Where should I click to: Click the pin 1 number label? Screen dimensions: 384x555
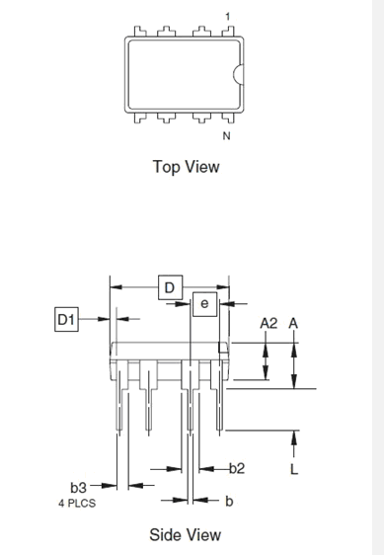click(228, 16)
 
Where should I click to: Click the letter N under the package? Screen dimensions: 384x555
click(226, 136)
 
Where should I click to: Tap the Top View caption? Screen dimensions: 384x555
click(187, 167)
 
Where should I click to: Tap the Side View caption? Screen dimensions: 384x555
click(186, 534)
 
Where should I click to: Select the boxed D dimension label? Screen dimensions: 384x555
click(170, 287)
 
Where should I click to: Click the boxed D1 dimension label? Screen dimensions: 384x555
click(66, 320)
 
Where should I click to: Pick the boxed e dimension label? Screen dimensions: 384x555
click(205, 304)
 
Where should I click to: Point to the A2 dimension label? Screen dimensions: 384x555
click(269, 323)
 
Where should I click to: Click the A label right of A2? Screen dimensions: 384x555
click(293, 323)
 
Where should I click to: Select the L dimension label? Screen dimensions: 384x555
click(294, 469)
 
